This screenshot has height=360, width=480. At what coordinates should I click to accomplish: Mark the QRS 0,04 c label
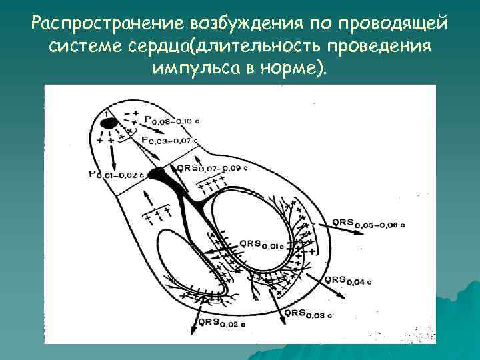(x=348, y=280)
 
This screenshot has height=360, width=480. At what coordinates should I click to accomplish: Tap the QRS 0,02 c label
(x=227, y=325)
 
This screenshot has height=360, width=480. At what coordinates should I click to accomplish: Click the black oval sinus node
(x=109, y=123)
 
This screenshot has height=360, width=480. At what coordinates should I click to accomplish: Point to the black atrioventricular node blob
(x=159, y=175)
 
